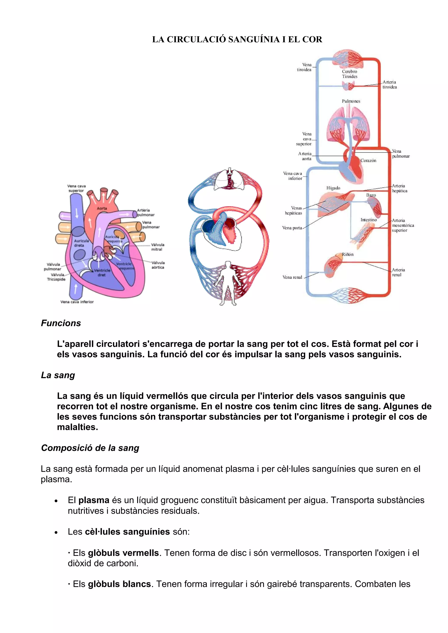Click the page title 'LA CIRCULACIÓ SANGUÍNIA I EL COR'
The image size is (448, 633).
pos(237,39)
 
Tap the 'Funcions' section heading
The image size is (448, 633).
pos(61,323)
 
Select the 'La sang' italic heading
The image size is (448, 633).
pos(58,375)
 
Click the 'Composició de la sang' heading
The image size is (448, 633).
pos(90,448)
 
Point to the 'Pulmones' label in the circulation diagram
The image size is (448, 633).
pos(351,101)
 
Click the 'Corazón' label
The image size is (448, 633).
pos(368,161)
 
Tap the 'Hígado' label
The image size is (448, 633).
pos(333,188)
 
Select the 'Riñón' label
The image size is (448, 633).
pos(348,254)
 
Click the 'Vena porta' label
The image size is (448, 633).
pos(292,228)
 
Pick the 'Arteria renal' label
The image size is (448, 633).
pos(398,272)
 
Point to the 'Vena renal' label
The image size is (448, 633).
pos(292,277)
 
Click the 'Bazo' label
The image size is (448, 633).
pos(371,195)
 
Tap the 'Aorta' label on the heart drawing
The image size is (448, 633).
pos(102,208)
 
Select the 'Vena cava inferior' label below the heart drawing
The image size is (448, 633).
pos(77,302)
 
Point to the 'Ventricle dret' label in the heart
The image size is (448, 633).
pos(102,272)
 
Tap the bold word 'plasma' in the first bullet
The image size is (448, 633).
pos(94,500)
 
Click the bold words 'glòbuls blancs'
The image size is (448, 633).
pos(119,584)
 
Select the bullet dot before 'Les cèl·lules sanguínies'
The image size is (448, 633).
pos(56,532)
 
